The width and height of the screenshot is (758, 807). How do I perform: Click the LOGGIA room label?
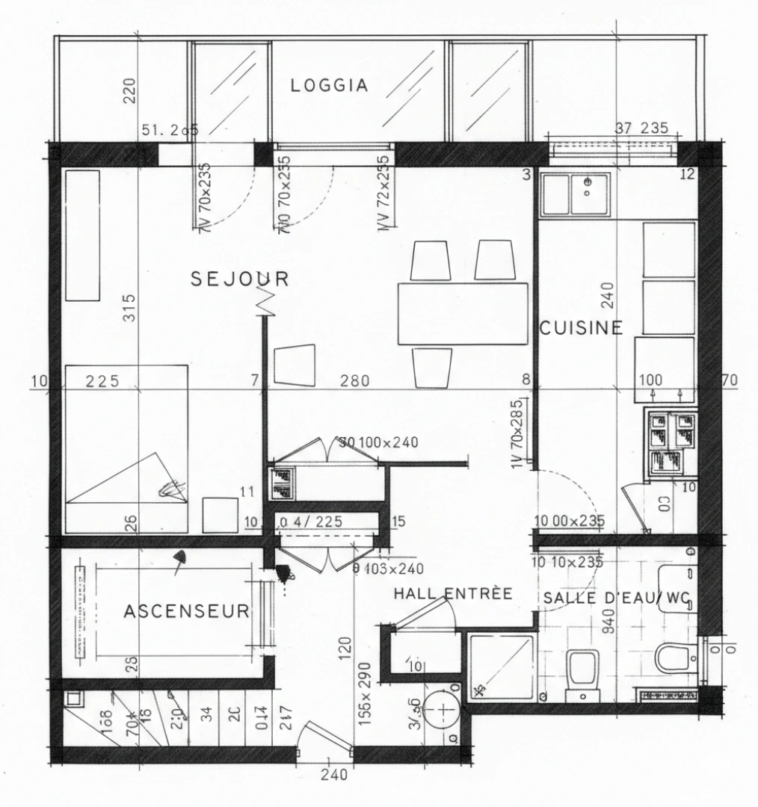329,85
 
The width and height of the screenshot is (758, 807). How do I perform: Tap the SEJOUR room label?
239,279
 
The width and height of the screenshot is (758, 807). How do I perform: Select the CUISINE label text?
581,327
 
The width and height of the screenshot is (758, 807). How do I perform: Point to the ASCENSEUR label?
186,612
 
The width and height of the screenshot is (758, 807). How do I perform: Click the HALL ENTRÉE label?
453,594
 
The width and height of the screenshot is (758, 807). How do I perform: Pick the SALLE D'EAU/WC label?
616,598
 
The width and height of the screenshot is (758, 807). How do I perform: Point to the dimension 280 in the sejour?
354,381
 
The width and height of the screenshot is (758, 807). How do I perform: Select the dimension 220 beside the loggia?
130,94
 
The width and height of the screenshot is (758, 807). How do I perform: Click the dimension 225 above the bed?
102,381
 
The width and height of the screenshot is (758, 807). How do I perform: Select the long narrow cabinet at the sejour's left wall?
81,235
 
